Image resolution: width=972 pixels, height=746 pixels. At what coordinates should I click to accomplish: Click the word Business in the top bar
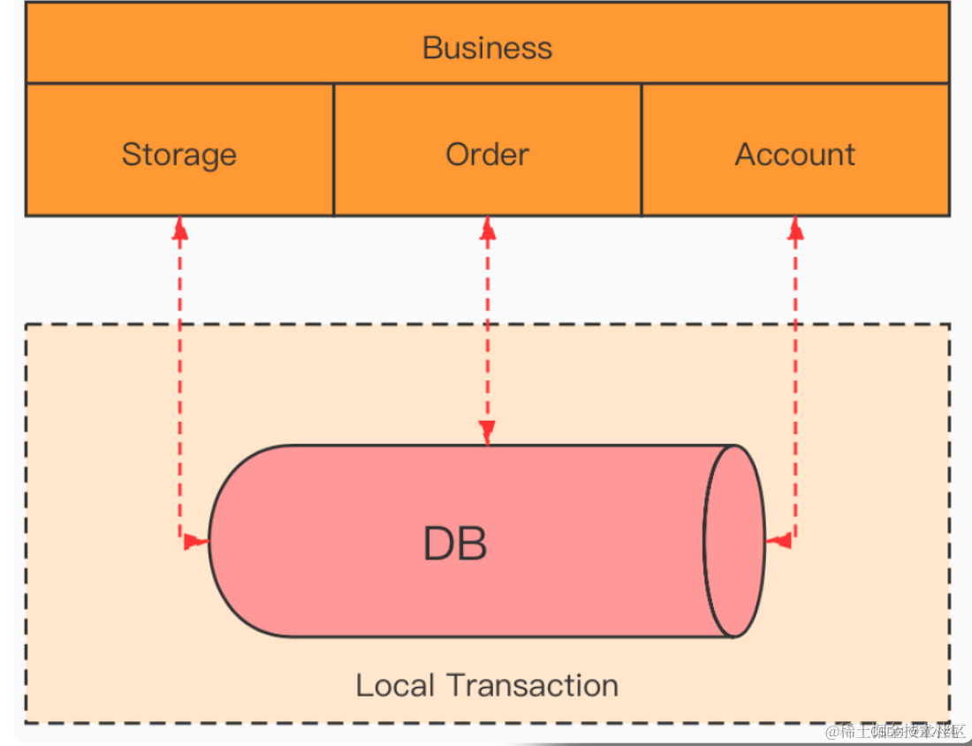click(487, 47)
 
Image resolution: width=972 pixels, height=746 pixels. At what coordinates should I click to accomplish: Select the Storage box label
click(179, 155)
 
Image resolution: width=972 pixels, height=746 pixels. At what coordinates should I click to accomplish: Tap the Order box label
click(487, 155)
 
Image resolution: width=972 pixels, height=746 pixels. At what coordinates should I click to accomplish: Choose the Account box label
click(795, 155)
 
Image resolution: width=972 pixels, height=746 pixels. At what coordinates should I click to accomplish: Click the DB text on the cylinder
click(455, 544)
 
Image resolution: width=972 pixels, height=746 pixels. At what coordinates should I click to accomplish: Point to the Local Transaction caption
click(487, 685)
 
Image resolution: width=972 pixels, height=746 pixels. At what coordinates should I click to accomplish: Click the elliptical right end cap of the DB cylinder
click(734, 541)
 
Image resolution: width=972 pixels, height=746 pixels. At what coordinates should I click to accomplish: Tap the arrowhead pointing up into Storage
click(180, 229)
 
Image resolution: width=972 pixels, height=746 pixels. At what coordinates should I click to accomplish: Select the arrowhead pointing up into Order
click(488, 229)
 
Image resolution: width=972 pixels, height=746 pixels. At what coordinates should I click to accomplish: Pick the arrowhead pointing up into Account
click(795, 229)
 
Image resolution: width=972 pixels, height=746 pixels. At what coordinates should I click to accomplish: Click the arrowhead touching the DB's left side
click(197, 541)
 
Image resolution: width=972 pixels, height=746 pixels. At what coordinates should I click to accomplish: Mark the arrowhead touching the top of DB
click(488, 432)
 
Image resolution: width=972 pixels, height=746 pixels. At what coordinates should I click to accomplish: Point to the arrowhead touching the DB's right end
click(778, 540)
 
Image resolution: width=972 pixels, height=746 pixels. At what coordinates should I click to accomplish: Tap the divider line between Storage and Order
click(333, 150)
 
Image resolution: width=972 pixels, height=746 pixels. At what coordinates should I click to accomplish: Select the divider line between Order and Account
click(642, 150)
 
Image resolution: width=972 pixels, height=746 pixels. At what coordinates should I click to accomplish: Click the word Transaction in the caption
click(532, 685)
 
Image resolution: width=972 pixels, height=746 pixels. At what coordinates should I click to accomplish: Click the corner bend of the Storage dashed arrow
click(180, 540)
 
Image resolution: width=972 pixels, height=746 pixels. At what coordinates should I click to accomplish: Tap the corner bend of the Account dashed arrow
click(795, 539)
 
